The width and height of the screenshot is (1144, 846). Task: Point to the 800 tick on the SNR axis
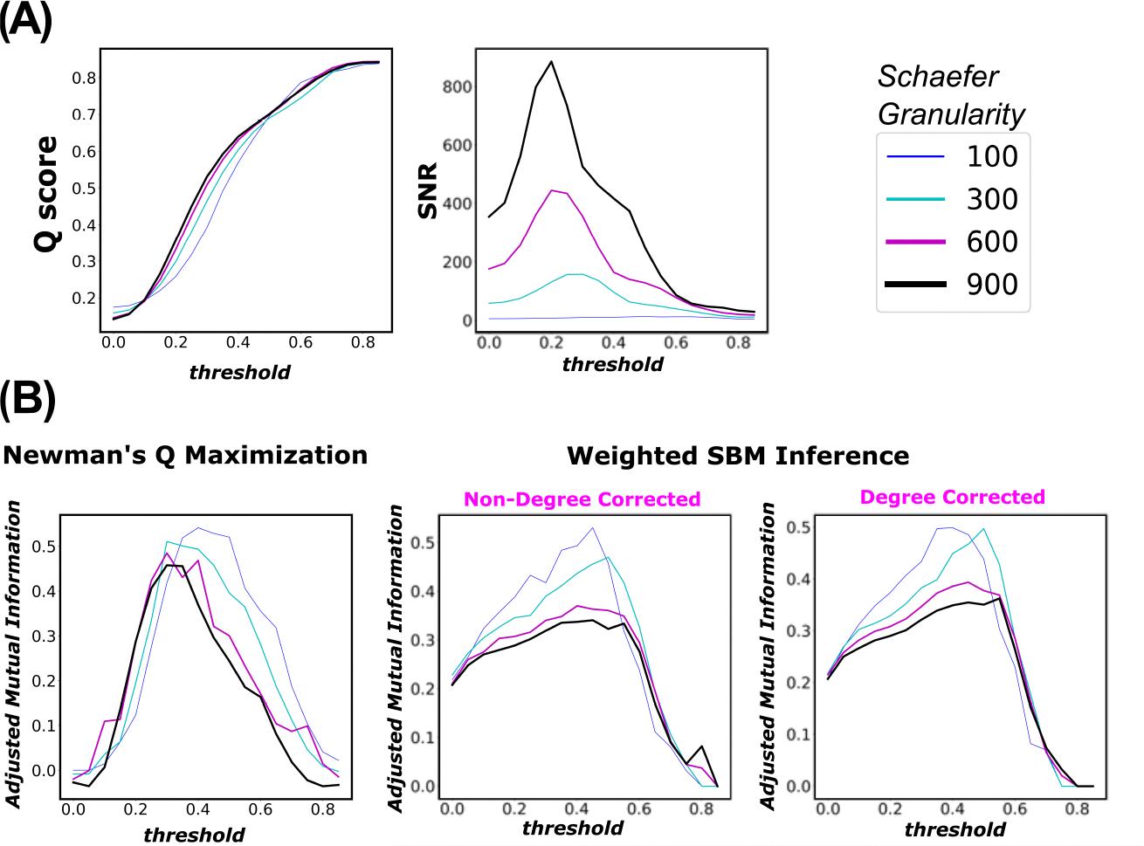457,86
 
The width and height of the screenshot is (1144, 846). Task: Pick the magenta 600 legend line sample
915,242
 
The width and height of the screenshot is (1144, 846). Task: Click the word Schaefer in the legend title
925,77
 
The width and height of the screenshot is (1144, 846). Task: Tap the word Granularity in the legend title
951,114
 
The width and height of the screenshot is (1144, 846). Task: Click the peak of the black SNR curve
552,61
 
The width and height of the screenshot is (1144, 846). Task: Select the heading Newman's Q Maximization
185,455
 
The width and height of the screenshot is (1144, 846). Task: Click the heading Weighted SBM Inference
738,456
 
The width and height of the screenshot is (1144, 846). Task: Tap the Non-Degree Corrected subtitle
582,499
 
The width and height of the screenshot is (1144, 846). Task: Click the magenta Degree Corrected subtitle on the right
952,497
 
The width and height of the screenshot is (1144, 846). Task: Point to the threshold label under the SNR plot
612,364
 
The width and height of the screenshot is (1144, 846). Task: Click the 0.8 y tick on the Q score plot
84,78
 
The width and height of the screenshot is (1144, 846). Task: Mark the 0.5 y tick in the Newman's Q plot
43,547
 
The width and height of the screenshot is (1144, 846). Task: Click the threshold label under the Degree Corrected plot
954,829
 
